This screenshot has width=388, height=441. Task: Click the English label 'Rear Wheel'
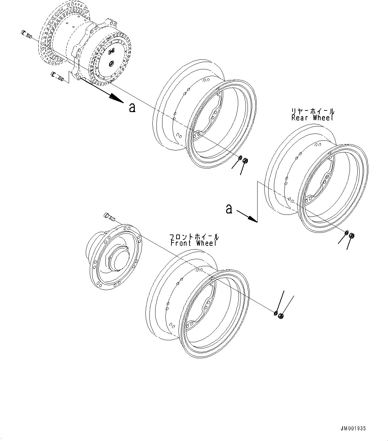[x=312, y=118]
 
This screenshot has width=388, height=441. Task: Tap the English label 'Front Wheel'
[x=193, y=243]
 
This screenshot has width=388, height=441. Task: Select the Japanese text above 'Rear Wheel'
[x=313, y=111]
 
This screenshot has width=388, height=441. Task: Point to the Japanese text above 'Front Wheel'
[x=195, y=237]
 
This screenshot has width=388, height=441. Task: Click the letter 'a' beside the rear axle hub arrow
[x=132, y=107]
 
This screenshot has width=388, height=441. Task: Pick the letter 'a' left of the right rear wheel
[x=229, y=209]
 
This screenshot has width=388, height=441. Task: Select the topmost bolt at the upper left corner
[x=26, y=33]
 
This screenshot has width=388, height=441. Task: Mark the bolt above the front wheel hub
[x=109, y=216]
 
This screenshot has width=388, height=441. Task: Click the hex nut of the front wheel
[x=281, y=316]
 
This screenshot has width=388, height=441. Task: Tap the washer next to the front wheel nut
[x=275, y=313]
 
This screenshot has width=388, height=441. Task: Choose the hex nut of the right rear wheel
[x=351, y=236]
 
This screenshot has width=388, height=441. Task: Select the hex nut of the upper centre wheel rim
[x=245, y=160]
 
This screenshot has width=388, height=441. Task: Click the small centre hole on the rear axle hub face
[x=111, y=63]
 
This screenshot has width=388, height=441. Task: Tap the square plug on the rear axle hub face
[x=111, y=51]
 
